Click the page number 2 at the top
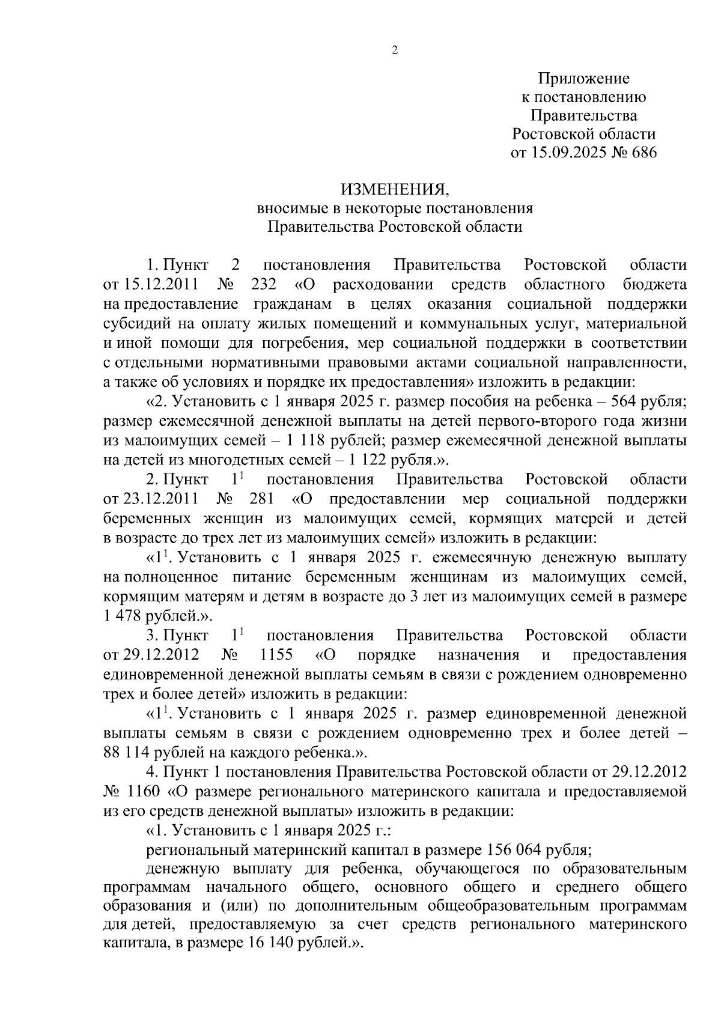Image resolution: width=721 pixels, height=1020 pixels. coord(395,50)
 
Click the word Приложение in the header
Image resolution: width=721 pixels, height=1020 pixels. coord(583,78)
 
